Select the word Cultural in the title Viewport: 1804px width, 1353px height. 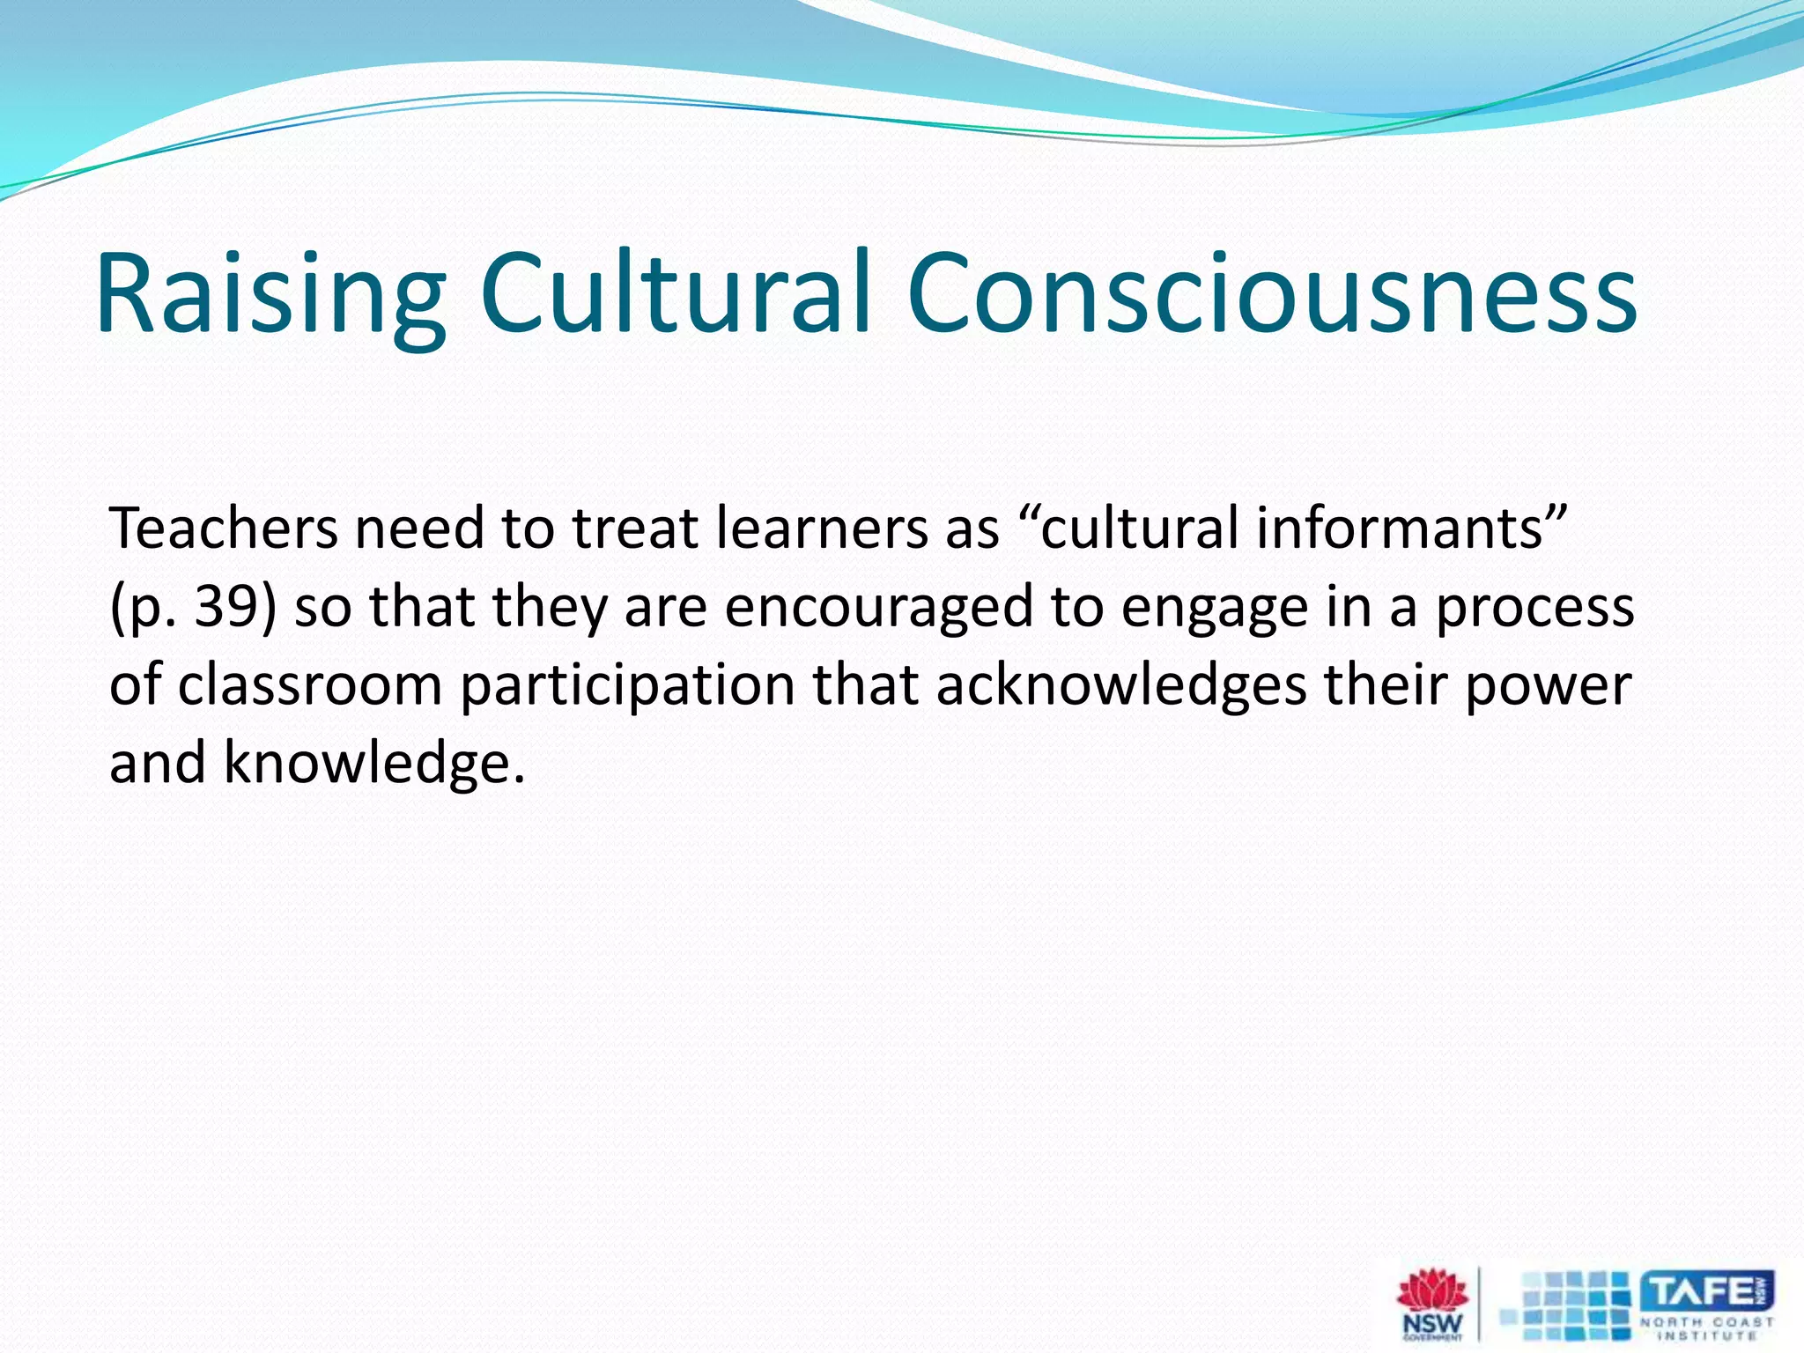pos(676,292)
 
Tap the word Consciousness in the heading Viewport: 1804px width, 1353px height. pos(1271,292)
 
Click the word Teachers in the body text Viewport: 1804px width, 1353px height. pos(224,529)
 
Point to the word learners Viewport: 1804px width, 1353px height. pos(822,529)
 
